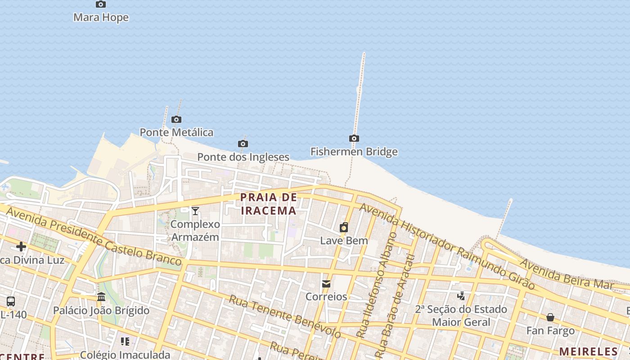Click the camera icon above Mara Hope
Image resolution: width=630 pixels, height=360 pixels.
click(101, 4)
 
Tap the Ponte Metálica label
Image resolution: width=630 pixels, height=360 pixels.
click(176, 132)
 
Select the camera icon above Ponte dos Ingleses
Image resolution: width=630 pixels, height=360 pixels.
click(243, 144)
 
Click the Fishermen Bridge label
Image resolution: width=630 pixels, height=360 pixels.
click(354, 152)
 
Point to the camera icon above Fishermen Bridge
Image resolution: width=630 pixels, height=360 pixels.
click(354, 138)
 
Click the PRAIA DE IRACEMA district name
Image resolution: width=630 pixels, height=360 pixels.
click(269, 204)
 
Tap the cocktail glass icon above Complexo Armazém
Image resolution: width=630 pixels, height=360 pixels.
click(195, 211)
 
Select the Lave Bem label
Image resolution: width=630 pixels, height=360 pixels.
click(344, 241)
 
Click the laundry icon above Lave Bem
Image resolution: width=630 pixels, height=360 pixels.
click(344, 227)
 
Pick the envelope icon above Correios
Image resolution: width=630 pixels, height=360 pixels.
click(326, 283)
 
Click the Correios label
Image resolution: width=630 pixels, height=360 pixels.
click(326, 297)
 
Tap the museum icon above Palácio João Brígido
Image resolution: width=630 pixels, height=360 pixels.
click(101, 297)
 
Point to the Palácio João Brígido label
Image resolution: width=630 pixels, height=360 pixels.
click(101, 310)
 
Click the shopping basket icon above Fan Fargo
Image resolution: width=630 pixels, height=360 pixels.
click(550, 317)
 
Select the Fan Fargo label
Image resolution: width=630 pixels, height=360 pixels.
click(550, 331)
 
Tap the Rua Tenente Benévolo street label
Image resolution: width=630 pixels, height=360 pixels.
click(284, 316)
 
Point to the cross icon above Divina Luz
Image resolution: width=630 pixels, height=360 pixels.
click(21, 247)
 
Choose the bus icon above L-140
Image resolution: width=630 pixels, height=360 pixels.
click(11, 301)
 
